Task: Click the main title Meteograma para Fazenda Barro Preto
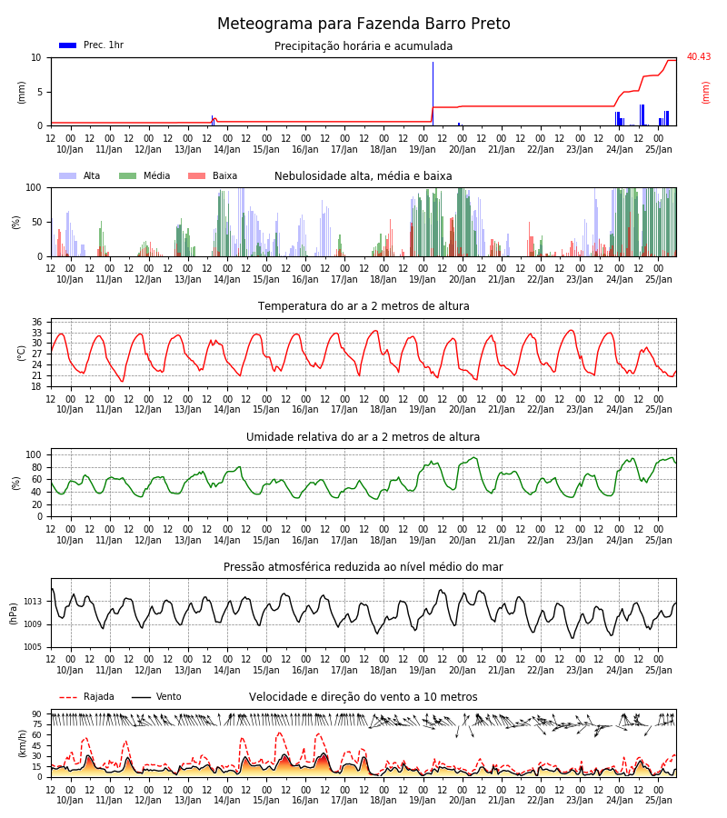point(363,24)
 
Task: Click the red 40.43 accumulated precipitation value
point(698,56)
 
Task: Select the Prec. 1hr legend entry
point(91,45)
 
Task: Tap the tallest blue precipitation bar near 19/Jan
point(433,94)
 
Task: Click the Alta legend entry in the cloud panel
point(79,175)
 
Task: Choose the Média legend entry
point(144,175)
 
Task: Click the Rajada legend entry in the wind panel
point(86,696)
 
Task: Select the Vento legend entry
point(156,696)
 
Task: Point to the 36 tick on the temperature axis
point(36,322)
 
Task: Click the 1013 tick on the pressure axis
point(33,602)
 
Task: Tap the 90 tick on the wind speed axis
point(36,714)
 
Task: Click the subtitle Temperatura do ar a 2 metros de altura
point(363,306)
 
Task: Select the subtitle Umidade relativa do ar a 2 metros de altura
point(363,436)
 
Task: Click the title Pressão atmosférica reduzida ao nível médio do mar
point(363,566)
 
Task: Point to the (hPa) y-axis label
point(14,613)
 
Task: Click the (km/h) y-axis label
point(22,743)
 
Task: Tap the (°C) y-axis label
point(22,353)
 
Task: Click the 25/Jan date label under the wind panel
point(659,800)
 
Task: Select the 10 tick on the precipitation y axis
point(36,57)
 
